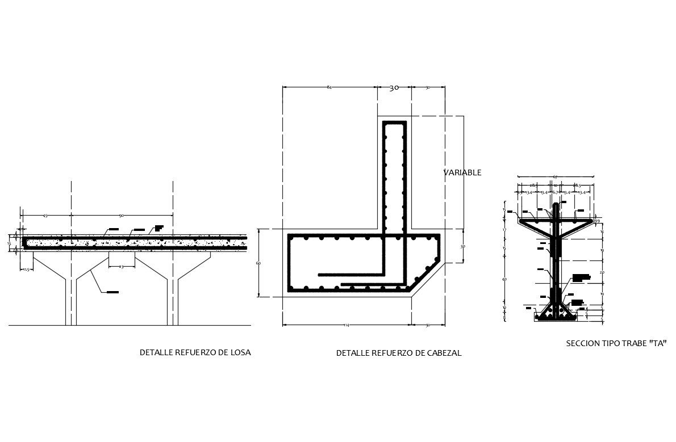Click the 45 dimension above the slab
pos(45,215)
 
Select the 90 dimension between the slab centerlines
pos(122,215)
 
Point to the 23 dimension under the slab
pos(121,266)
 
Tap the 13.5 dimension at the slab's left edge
pos(26,270)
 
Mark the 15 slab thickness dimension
pos(9,243)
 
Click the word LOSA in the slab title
pos(240,352)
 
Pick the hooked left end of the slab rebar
pos(25,243)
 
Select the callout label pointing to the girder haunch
pos(112,292)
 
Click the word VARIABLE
pos(462,172)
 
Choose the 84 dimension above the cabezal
pos(329,87)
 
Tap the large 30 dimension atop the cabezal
pos(394,88)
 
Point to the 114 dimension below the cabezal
pos(346,325)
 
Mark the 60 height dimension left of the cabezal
pos(258,263)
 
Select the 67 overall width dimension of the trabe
pos(554,176)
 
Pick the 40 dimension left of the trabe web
pos(504,279)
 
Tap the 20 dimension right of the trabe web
pos(602,272)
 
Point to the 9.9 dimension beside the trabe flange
pos(597,221)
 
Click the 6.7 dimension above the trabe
pos(555,193)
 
